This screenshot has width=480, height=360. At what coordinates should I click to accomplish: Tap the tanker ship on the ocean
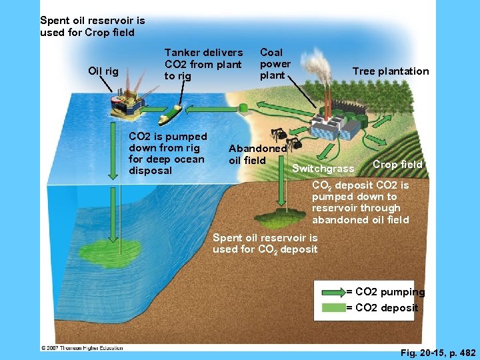click(170, 114)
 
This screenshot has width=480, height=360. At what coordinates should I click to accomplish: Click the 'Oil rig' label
click(103, 71)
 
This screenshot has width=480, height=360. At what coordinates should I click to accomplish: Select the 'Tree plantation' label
click(390, 71)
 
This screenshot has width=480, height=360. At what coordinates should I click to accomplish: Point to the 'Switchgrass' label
click(323, 169)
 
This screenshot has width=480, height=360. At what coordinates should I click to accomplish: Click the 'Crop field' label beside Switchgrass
click(397, 164)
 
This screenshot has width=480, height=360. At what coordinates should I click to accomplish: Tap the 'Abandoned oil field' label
click(257, 154)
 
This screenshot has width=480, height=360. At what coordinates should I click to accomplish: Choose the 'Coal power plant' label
click(275, 63)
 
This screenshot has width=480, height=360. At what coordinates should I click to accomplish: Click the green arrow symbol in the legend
click(333, 292)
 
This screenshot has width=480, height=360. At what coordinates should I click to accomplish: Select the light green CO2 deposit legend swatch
click(333, 307)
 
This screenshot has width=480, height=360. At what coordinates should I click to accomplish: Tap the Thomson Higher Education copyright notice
click(82, 347)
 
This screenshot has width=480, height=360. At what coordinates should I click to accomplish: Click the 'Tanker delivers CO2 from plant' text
click(203, 64)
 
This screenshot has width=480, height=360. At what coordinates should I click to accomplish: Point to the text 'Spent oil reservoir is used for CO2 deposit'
click(265, 243)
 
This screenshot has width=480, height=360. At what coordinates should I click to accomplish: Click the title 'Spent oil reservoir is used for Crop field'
click(92, 26)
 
